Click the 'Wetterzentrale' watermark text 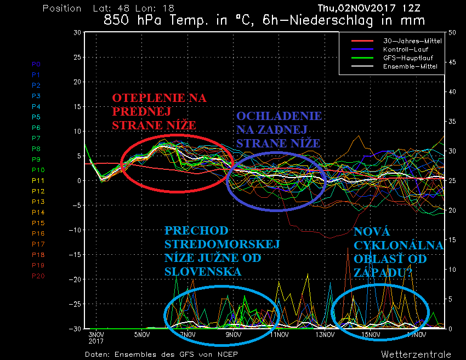point(416,354)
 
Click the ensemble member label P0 point(36,64)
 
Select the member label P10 point(38,170)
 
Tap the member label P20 point(38,276)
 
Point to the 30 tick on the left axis point(77,32)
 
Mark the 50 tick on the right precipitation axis point(453,32)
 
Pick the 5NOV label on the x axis point(142,334)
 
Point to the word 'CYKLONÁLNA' point(399,245)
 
